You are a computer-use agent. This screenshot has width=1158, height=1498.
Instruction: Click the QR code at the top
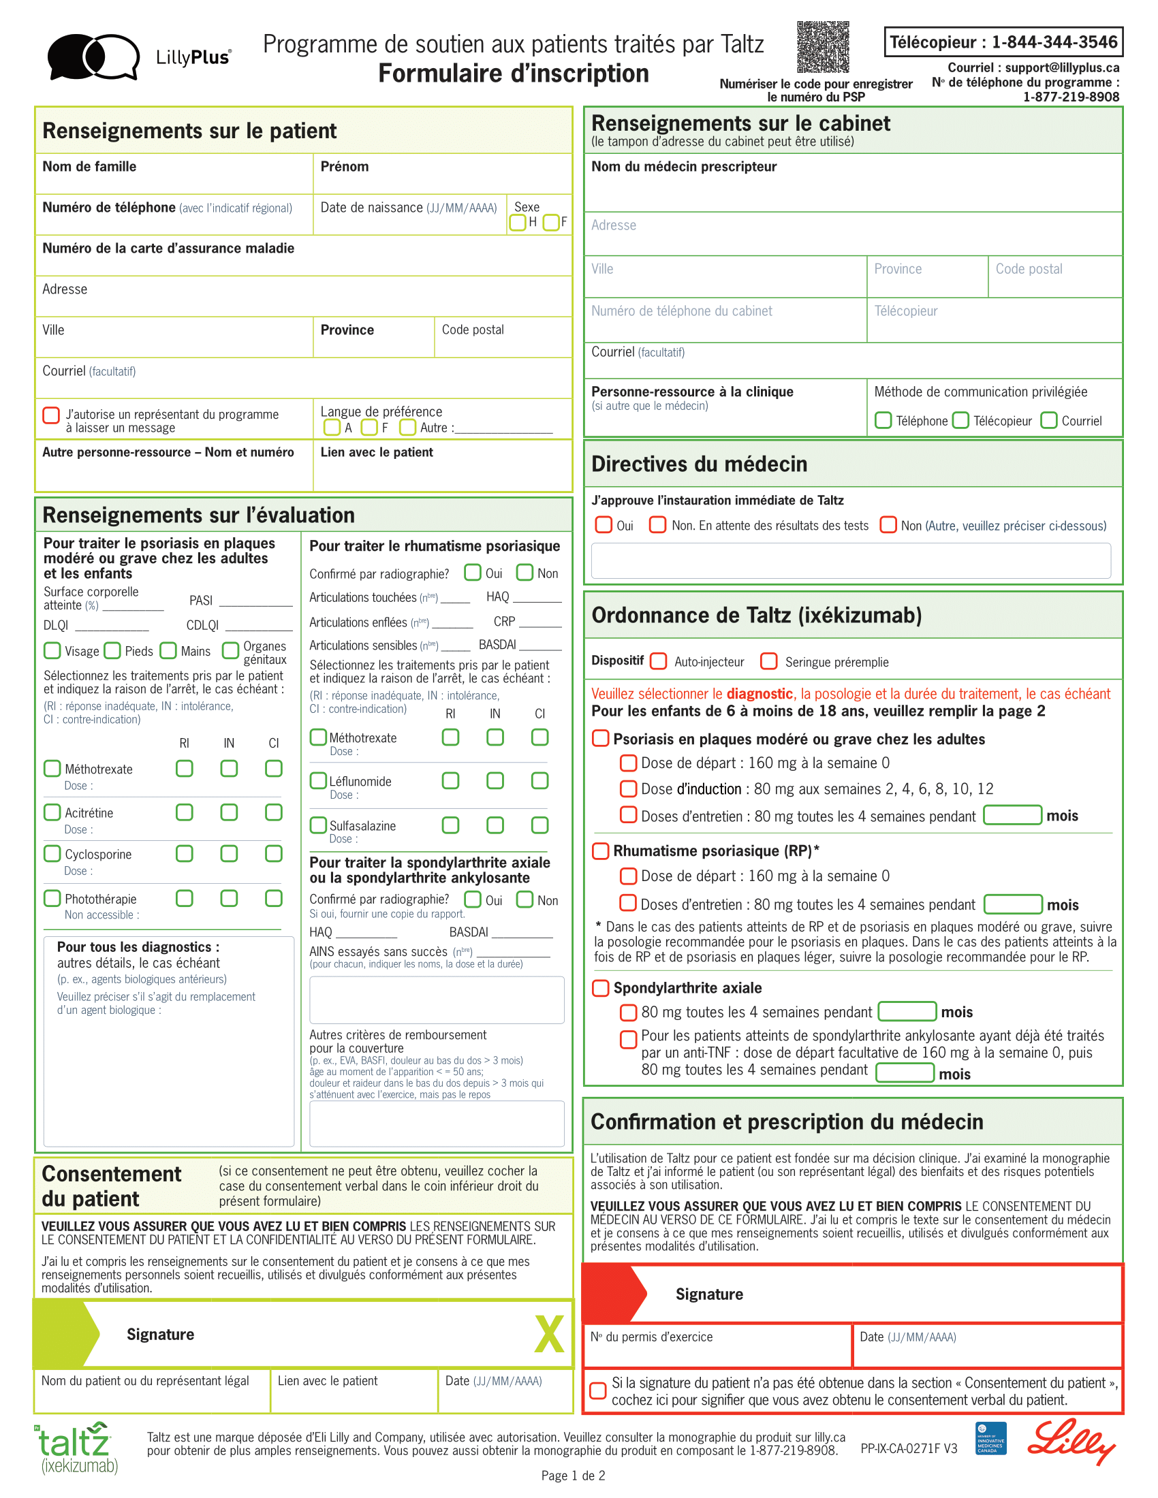click(823, 46)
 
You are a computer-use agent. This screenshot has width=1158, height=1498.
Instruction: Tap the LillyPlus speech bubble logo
click(93, 57)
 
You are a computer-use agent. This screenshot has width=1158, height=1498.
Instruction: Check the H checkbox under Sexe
click(517, 222)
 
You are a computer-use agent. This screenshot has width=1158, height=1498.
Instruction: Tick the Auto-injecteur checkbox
click(659, 661)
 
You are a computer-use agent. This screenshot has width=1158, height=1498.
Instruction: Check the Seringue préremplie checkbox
click(769, 661)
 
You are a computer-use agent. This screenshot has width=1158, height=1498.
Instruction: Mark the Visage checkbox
click(52, 650)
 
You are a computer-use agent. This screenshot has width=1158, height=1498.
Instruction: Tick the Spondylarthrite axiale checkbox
click(600, 988)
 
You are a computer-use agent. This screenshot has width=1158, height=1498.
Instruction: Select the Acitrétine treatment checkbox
click(52, 812)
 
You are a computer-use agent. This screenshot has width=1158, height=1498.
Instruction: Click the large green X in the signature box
click(550, 1334)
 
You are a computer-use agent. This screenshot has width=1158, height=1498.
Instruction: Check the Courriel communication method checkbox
click(1048, 419)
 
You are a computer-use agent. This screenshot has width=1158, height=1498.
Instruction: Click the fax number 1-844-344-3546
click(1054, 42)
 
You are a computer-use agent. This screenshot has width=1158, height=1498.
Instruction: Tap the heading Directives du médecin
click(699, 464)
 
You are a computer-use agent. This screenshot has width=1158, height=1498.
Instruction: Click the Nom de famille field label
click(89, 167)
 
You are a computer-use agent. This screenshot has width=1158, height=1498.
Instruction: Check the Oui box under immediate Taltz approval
click(604, 525)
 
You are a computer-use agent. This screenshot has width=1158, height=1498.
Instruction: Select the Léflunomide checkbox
click(318, 780)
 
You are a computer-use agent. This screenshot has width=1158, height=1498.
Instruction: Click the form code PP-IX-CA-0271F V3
click(908, 1448)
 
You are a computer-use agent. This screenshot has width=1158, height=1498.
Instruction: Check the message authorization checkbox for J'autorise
click(52, 415)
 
